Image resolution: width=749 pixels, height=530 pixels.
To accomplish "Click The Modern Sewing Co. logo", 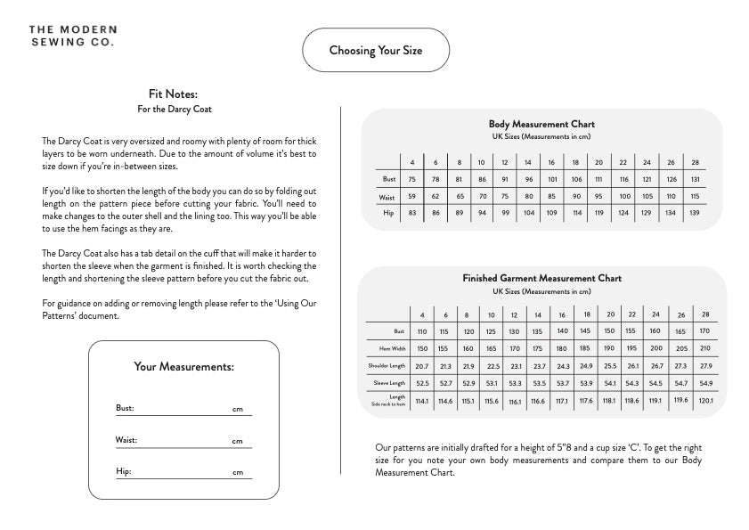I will pyautogui.click(x=71, y=36).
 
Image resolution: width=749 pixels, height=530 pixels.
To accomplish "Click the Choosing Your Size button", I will pyautogui.click(x=375, y=50).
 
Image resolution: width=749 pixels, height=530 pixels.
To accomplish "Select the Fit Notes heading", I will pyautogui.click(x=173, y=94).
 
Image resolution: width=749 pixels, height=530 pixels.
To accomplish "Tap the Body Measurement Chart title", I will pyautogui.click(x=541, y=124).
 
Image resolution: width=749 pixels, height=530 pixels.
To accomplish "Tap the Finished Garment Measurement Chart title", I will pyautogui.click(x=541, y=278).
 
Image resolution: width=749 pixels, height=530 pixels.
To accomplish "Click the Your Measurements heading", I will pyautogui.click(x=183, y=366).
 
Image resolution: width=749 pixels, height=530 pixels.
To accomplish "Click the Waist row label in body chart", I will pyautogui.click(x=387, y=196).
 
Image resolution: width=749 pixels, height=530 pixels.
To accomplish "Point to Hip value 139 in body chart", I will pyautogui.click(x=695, y=214).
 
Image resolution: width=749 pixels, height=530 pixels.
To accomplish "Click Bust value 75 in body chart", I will pyautogui.click(x=412, y=179).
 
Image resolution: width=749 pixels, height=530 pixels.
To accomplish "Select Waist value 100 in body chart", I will pyautogui.click(x=623, y=196).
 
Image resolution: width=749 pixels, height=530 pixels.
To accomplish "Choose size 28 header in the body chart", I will pyautogui.click(x=695, y=162).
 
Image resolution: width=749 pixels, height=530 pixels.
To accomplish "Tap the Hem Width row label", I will pyautogui.click(x=392, y=348).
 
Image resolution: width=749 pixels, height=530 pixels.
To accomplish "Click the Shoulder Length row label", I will pyautogui.click(x=387, y=365).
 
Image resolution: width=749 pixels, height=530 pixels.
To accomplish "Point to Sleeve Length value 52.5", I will pyautogui.click(x=422, y=383).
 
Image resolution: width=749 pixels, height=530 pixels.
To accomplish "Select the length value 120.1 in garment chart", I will pyautogui.click(x=705, y=400).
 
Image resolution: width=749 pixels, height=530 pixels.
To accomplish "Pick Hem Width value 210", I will pyautogui.click(x=705, y=348).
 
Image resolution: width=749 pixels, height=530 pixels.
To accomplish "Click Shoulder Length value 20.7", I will pyautogui.click(x=422, y=366).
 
